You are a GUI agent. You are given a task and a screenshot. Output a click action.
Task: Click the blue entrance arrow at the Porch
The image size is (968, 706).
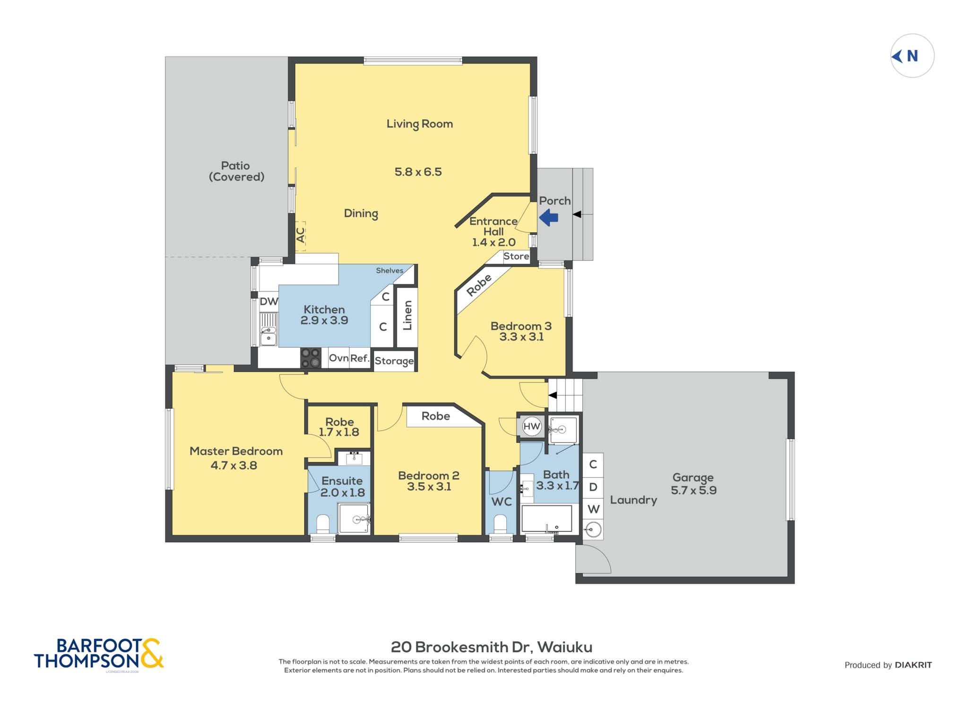point(549,218)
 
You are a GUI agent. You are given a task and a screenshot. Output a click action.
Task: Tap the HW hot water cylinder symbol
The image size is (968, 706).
point(532,426)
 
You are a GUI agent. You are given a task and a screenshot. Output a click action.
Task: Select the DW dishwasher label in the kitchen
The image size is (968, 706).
point(269,301)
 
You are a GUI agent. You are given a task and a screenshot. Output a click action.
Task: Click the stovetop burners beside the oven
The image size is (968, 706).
point(311,358)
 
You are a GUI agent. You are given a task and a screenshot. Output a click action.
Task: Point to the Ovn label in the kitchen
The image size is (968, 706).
point(338,358)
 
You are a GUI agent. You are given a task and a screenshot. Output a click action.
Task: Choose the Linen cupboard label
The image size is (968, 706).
point(407,315)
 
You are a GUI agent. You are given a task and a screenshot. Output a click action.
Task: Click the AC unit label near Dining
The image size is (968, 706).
point(301,235)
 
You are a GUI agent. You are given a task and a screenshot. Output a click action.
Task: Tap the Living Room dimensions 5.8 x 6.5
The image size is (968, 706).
point(418,172)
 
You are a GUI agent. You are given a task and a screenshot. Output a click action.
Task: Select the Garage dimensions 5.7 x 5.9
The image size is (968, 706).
point(693,490)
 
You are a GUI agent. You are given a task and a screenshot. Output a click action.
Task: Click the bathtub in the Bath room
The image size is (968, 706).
point(546,519)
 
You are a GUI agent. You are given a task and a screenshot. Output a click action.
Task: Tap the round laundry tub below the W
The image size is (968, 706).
point(593,529)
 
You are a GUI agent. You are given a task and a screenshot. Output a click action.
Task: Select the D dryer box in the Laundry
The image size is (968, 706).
point(593,487)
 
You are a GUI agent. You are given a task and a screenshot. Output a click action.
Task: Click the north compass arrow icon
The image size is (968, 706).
point(897,56)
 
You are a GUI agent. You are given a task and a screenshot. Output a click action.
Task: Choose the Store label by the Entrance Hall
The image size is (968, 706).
point(516,256)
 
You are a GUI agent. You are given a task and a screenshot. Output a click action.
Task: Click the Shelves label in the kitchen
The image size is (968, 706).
point(389,270)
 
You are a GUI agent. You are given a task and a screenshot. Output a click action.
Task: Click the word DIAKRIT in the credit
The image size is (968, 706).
point(913,665)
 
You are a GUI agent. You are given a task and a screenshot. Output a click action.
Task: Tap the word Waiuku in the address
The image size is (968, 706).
point(565,647)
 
